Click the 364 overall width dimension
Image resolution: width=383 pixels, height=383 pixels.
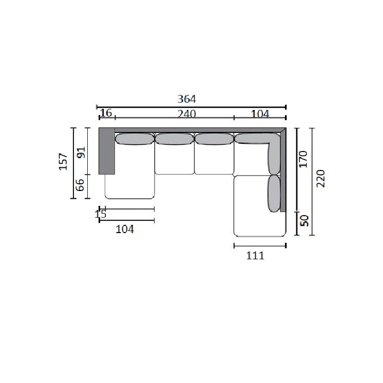pyautogui.click(x=186, y=99)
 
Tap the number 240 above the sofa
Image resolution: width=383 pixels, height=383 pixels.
pyautogui.click(x=186, y=114)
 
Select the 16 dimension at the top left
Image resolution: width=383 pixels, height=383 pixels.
pyautogui.click(x=106, y=113)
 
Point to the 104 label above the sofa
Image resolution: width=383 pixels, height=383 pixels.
pyautogui.click(x=260, y=114)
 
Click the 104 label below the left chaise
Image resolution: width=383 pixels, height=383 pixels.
pyautogui.click(x=125, y=229)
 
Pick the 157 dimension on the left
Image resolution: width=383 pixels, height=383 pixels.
pyautogui.click(x=63, y=161)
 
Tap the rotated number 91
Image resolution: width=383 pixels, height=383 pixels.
pyautogui.click(x=81, y=152)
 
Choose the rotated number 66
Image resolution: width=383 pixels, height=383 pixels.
pyautogui.click(x=80, y=185)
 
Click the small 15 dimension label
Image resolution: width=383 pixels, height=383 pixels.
pyautogui.click(x=101, y=214)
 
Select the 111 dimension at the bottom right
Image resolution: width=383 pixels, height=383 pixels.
pyautogui.click(x=255, y=256)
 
